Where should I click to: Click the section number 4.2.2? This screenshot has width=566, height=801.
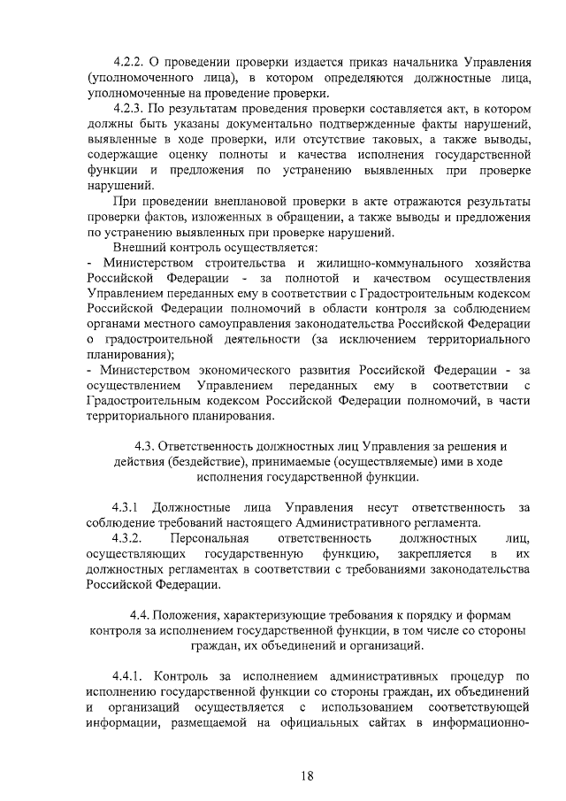pos(129,64)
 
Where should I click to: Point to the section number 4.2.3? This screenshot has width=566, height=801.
pos(129,110)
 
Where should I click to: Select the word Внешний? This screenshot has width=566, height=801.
pos(139,248)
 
